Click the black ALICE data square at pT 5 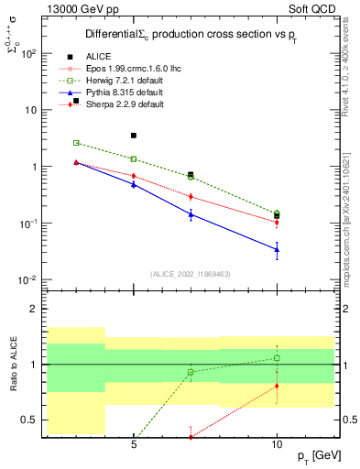pos(134,136)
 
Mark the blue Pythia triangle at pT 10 pos(277,249)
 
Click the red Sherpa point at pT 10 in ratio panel pos(277,386)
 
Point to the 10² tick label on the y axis pos(28,53)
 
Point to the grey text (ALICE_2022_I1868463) pos(191,274)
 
